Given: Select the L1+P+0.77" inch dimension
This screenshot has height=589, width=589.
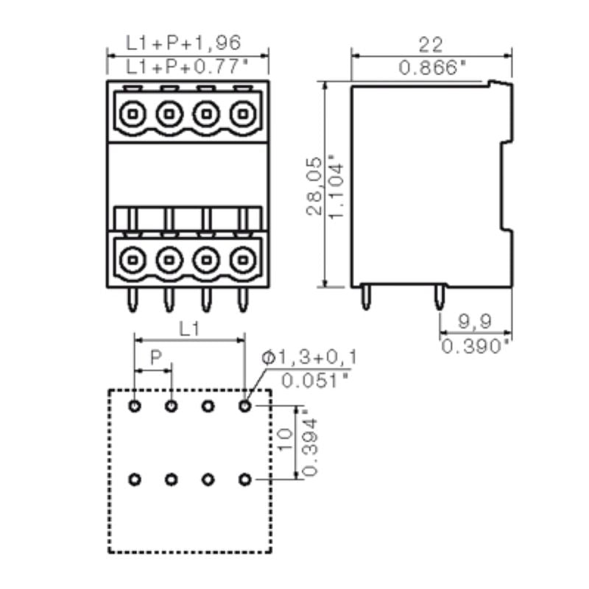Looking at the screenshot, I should (x=188, y=67).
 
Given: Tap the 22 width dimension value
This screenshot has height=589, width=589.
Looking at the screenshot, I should (x=431, y=43).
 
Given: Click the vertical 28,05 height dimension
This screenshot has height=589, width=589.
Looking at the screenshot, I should (x=314, y=185).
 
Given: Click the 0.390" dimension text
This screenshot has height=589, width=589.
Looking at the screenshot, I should (x=476, y=344).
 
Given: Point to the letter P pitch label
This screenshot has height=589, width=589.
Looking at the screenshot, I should (x=155, y=358).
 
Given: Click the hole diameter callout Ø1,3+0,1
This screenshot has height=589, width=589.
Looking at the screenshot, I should (x=309, y=359).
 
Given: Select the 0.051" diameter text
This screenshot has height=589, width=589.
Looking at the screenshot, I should (x=315, y=381).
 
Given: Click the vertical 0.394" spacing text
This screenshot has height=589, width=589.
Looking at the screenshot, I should (x=310, y=445).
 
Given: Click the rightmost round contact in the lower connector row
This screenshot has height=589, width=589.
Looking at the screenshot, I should (x=242, y=258).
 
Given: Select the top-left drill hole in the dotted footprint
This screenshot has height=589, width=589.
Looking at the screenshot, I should (x=134, y=406).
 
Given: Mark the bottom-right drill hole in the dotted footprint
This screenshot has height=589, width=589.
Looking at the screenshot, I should (x=244, y=480).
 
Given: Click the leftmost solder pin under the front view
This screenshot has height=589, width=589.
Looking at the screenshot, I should (x=133, y=298).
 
